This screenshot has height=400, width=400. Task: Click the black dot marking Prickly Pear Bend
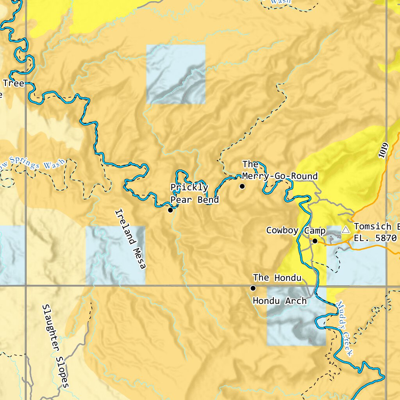[170, 210]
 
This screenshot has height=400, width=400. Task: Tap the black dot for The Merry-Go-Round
[242, 186]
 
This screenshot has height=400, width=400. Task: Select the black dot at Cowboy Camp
[315, 241]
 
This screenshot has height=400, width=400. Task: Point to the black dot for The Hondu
[253, 288]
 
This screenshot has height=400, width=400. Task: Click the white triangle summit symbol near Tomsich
[345, 230]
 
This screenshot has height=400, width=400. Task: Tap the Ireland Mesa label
[130, 239]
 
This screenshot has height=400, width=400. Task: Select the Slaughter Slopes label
[55, 346]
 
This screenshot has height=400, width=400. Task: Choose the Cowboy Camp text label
[296, 230]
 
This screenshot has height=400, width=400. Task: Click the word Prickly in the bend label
[189, 187]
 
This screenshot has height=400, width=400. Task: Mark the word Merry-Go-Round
[280, 176]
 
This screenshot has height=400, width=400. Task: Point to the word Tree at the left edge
[13, 83]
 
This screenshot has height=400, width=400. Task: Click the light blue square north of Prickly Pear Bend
[176, 74]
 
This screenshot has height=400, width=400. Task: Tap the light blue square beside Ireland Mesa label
[115, 255]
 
